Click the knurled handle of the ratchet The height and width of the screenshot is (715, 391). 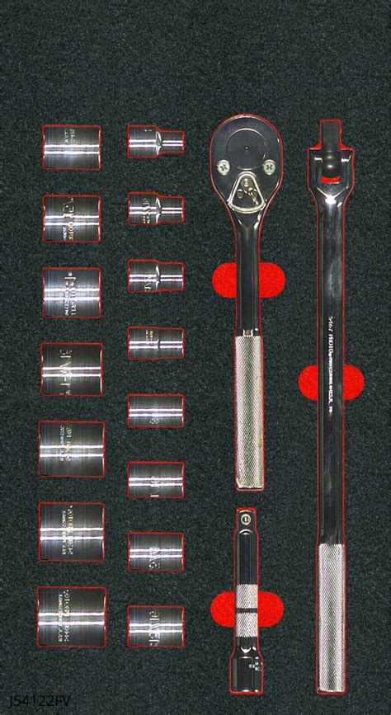(248, 412)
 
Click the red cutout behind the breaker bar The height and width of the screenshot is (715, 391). (351, 382)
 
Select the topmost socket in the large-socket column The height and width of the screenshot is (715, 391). (71, 148)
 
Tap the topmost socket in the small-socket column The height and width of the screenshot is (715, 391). (155, 141)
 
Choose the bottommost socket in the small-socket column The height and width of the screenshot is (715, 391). (155, 625)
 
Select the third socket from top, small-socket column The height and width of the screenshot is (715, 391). (155, 276)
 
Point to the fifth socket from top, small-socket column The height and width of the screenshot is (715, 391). (155, 410)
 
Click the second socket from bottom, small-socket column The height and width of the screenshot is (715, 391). (155, 550)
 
